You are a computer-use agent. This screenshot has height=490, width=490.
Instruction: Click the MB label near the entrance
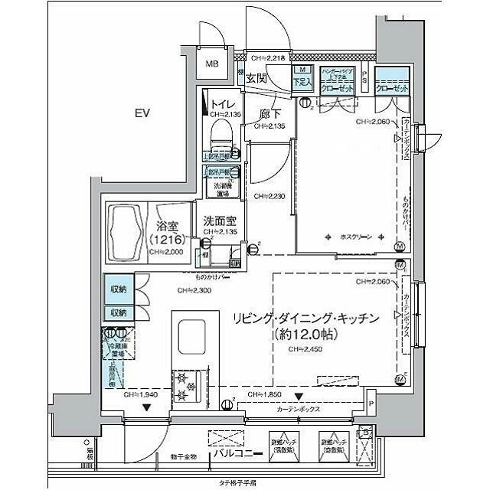tap(210, 64)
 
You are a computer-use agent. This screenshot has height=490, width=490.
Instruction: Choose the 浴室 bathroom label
tap(166, 226)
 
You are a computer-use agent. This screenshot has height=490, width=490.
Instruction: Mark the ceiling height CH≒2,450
tap(304, 349)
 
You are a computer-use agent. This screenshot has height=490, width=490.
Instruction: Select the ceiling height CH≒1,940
tap(141, 394)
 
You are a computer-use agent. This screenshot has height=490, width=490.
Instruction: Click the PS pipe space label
tap(365, 76)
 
